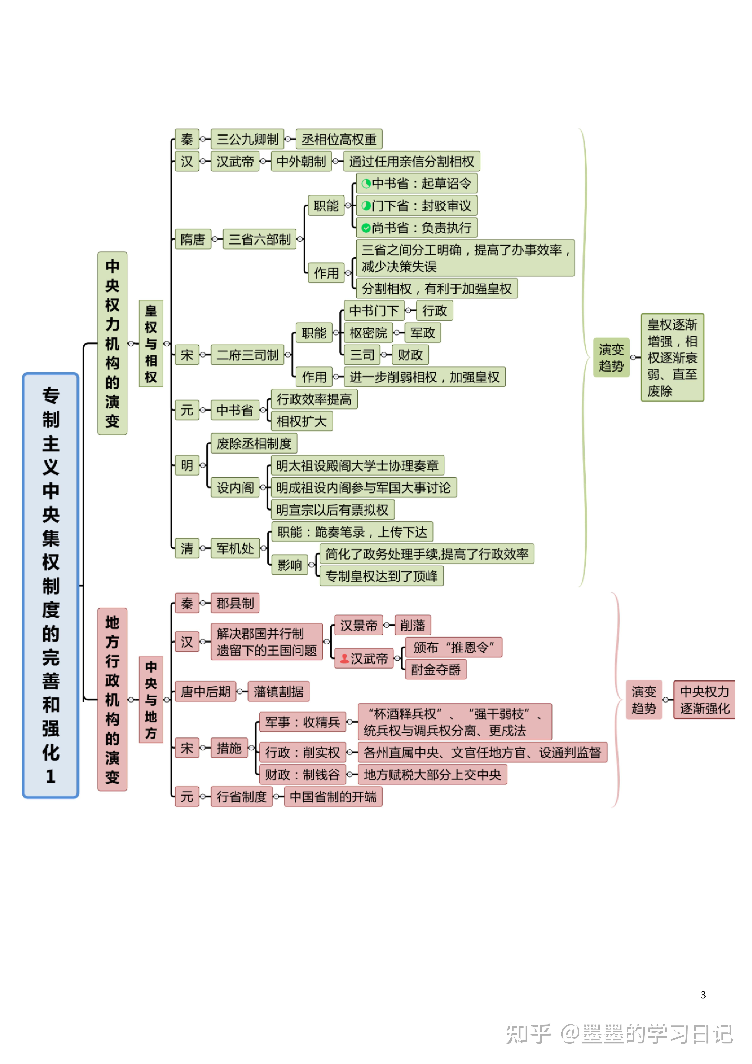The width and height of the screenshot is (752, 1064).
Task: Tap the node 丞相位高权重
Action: point(339,139)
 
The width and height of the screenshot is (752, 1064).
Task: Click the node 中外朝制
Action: point(301,161)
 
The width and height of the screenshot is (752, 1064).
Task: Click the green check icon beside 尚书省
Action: point(366,228)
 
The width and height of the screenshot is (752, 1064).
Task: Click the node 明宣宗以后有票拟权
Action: point(332,510)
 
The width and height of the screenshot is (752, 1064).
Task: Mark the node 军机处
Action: point(235,549)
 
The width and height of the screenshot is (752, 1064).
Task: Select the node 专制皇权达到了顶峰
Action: point(381,576)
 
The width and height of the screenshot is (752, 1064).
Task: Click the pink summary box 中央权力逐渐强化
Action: point(704,700)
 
